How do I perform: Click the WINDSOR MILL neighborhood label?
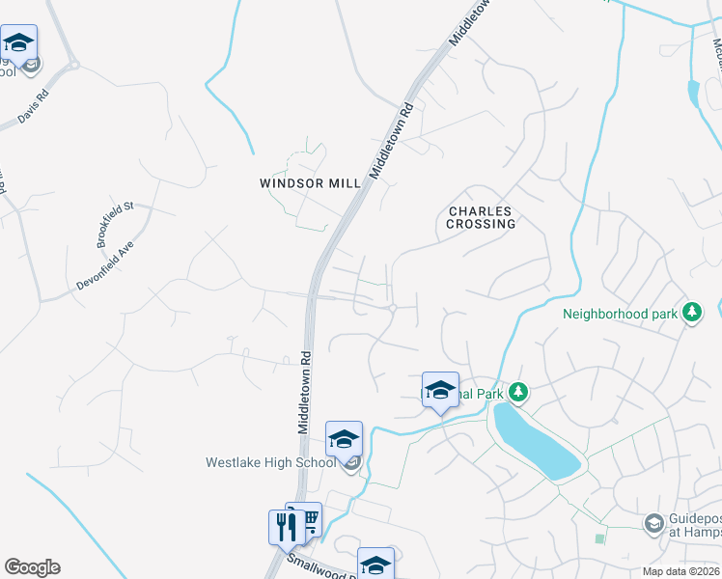pyautogui.click(x=310, y=182)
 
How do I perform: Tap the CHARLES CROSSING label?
pyautogui.click(x=481, y=217)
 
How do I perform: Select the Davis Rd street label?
pyautogui.click(x=32, y=109)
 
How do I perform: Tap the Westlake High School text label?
pyautogui.click(x=270, y=462)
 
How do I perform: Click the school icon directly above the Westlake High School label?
pyautogui.click(x=344, y=440)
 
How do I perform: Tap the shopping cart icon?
pyautogui.click(x=308, y=521)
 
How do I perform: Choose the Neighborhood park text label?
pyautogui.click(x=620, y=314)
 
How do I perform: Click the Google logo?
pyautogui.click(x=32, y=567)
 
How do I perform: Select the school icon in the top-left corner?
pyautogui.click(x=18, y=42)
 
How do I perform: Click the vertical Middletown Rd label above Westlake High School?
pyautogui.click(x=302, y=392)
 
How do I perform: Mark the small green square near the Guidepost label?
pyautogui.click(x=600, y=538)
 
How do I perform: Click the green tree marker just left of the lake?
pyautogui.click(x=519, y=391)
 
